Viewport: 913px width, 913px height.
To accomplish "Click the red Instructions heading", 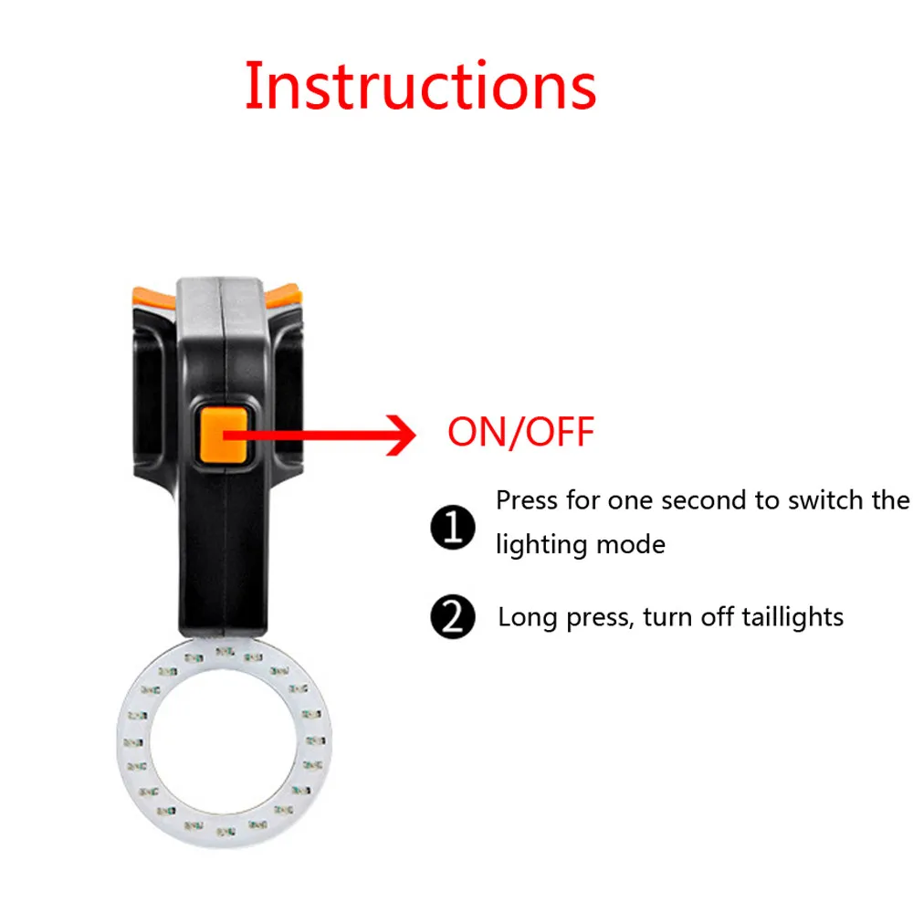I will [x=421, y=87].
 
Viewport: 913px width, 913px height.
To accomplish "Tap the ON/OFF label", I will [x=520, y=432].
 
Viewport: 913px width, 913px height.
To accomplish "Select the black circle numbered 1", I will [x=453, y=528].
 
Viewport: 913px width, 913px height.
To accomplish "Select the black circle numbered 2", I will [x=453, y=619].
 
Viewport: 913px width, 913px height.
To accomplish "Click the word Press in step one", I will [x=526, y=500].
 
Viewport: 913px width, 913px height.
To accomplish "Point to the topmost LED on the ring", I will [x=225, y=651].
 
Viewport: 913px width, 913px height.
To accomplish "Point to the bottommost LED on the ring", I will [x=225, y=834].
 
